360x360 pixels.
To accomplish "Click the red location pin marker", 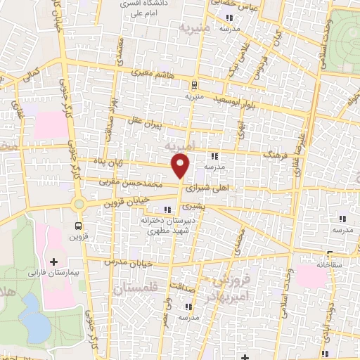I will tap(181, 166).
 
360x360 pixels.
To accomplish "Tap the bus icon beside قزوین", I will tap(77, 226).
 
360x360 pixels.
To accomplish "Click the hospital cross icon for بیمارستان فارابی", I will tap(53, 262).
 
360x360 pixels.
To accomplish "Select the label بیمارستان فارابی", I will tap(53, 271).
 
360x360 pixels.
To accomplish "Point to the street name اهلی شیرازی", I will tap(210, 189).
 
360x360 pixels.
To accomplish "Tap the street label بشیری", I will tap(191, 208).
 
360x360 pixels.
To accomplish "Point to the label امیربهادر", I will tap(230, 290).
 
